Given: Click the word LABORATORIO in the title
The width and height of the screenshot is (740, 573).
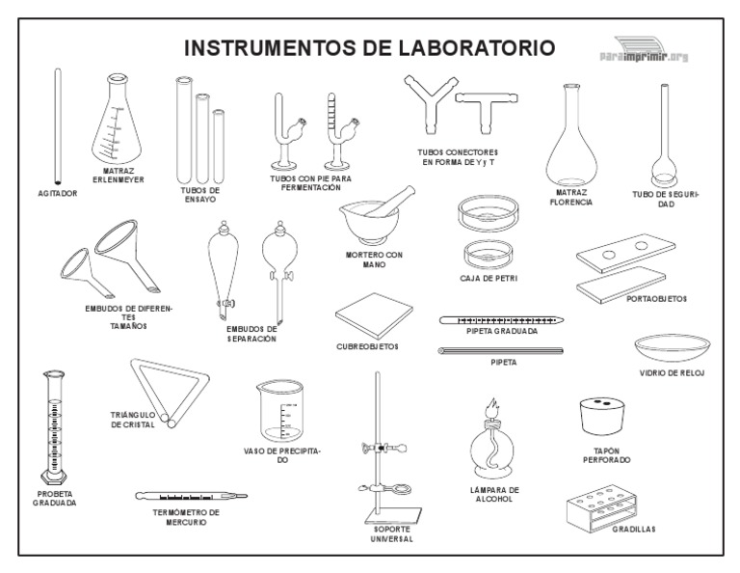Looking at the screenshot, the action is (477, 47).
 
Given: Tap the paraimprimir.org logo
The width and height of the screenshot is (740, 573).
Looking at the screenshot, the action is (645, 50).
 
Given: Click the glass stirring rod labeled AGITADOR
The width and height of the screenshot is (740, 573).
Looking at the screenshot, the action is (58, 126).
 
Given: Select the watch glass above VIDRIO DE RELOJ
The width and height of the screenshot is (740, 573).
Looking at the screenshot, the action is (672, 348).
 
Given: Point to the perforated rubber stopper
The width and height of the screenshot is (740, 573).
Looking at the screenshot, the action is (601, 416).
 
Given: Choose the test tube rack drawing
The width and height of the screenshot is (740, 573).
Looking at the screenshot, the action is (601, 507).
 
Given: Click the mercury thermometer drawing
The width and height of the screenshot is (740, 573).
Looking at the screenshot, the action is (191, 496).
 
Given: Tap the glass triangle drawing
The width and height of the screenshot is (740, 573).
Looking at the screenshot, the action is (169, 392).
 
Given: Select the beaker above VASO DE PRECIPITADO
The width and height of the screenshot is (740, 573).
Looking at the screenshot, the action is (280, 411).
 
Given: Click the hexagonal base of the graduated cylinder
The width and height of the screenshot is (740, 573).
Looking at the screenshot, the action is (53, 477).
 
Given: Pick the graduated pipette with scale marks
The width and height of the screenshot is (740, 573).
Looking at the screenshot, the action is (501, 320).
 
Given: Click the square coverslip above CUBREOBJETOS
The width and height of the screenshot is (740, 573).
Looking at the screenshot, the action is (374, 315).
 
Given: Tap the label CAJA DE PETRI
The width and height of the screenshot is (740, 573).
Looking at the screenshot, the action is (489, 278).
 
